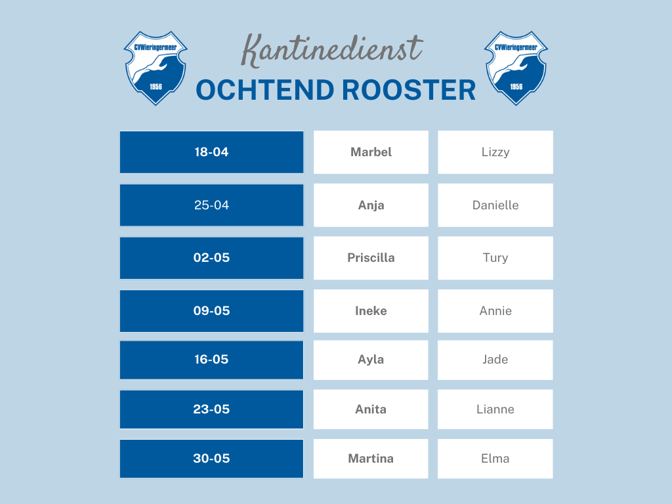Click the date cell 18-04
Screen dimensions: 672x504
211,152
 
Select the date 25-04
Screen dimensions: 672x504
211,205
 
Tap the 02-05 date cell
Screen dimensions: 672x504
211,258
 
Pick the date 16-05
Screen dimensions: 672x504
211,360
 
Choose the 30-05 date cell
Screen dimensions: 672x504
211,459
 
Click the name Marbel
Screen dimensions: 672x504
371,152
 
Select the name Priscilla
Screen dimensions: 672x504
371,258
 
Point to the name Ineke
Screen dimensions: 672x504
371,310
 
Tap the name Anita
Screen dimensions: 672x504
371,409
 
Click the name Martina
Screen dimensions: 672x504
371,459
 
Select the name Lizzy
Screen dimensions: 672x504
495,152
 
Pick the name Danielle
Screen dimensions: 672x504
495,205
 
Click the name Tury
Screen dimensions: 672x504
495,258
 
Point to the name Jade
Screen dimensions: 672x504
495,360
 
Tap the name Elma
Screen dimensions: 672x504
495,459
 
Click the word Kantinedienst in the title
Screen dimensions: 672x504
333,49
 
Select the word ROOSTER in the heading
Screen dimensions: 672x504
409,90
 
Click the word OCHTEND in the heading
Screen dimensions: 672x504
265,90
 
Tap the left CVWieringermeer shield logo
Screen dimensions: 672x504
156,68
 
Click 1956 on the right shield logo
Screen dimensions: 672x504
516,87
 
